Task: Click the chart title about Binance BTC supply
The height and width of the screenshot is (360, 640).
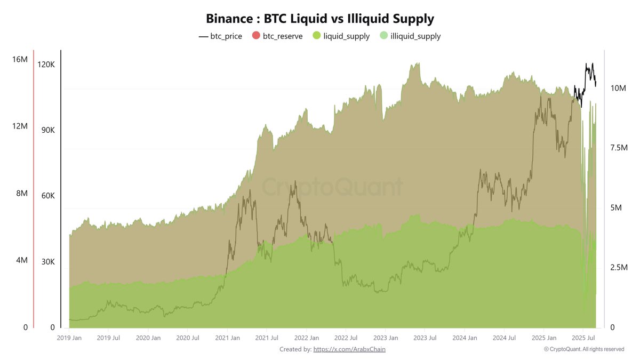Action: coord(320,19)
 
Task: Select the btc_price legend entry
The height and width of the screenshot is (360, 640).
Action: coord(220,36)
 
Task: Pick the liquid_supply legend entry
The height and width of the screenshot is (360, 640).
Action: coord(341,36)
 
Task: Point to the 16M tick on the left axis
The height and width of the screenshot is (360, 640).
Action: coord(20,59)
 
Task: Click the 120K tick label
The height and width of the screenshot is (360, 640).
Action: coord(45,65)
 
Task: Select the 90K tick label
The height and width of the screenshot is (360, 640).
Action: coord(46,131)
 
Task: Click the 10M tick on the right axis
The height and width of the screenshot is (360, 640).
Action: coord(618,88)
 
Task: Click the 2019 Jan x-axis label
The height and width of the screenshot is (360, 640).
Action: coord(69,338)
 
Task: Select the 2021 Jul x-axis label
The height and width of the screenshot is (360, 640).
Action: coord(267,338)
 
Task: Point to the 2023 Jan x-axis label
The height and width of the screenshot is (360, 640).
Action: coord(386,338)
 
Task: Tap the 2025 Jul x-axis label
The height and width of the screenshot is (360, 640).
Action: coord(583,338)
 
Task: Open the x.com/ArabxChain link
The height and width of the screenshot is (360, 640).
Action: coord(349,349)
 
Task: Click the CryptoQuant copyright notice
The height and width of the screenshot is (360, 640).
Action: coord(584,349)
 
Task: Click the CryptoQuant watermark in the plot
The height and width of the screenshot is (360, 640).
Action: coord(332,188)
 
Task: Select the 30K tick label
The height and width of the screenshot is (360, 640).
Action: coord(46,262)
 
